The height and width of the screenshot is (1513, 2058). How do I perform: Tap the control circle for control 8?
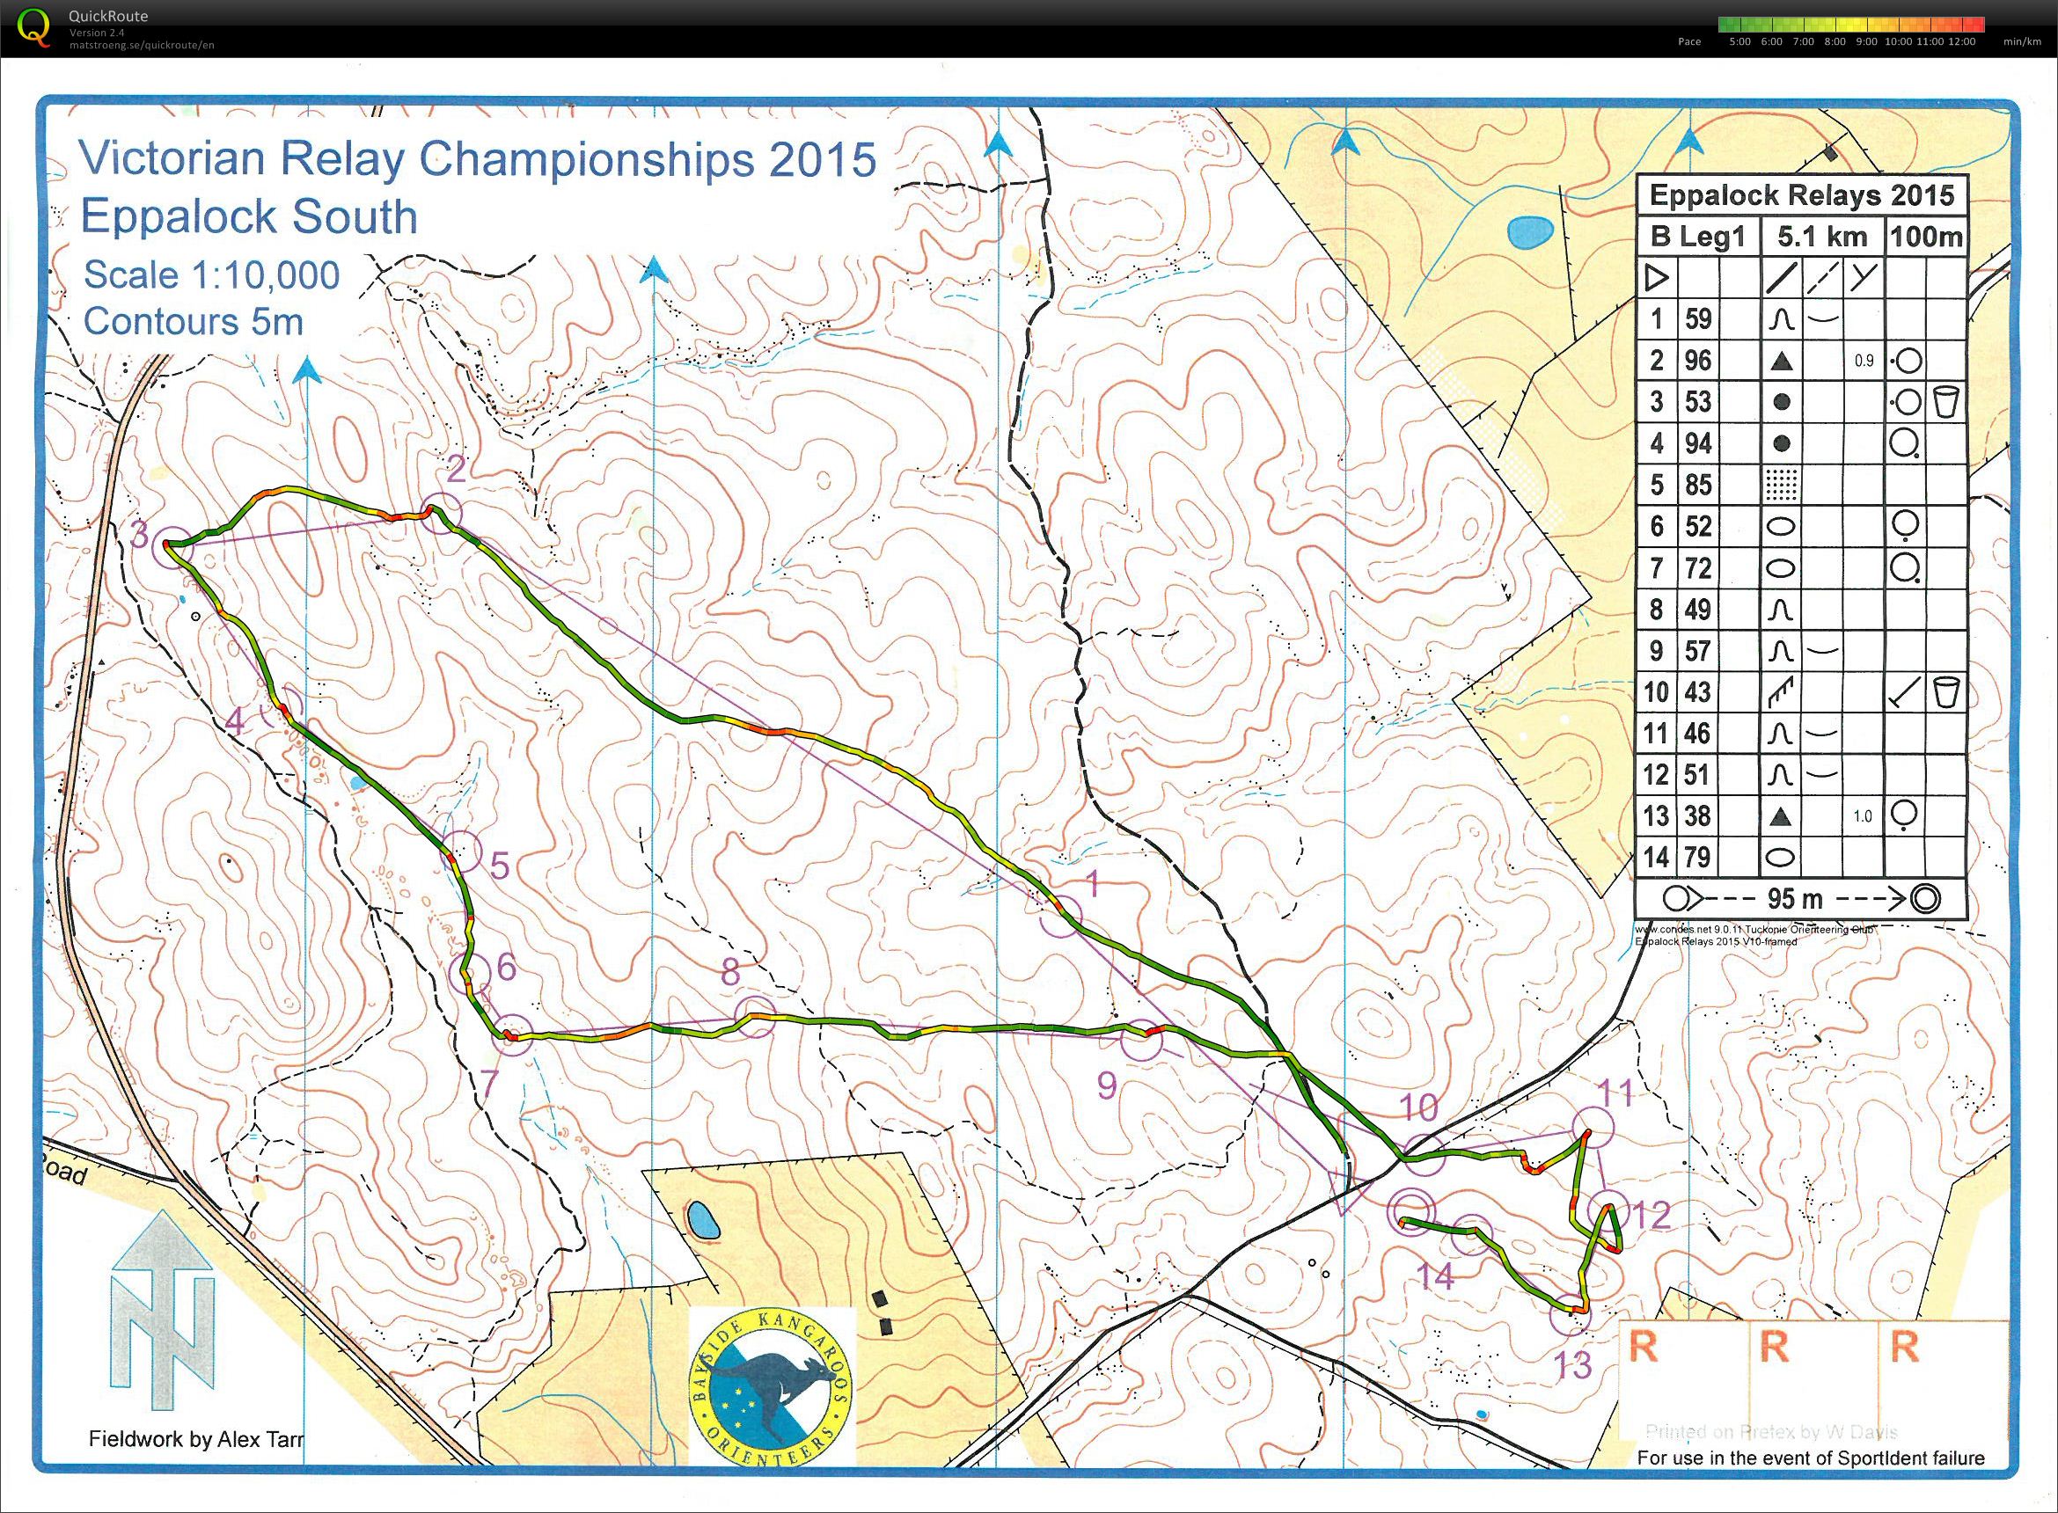pos(755,1018)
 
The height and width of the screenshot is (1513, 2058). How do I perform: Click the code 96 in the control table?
pos(1697,360)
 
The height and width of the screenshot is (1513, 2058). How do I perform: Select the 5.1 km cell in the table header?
pos(1821,237)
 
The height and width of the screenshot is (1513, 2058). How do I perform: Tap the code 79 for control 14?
pos(1697,858)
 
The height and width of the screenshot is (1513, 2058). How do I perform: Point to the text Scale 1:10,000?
pos(210,274)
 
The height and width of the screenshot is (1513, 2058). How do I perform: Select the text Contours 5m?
pos(193,321)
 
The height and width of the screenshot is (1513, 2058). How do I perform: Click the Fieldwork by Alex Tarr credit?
pos(195,1439)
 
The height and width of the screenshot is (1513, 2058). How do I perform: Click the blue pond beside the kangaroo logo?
pos(702,1219)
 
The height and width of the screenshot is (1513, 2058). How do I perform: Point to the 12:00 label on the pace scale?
pos(1962,41)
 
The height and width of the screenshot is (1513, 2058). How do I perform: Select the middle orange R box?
pos(1774,1348)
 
